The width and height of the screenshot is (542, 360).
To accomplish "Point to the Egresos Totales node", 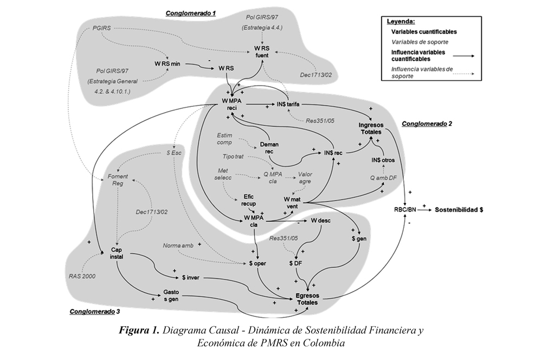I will pos(307,299).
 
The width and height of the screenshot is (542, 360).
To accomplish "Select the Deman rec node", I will pos(269,148).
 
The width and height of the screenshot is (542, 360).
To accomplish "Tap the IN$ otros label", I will pos(383,160).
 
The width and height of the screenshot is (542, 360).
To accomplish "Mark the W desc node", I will pos(320,221).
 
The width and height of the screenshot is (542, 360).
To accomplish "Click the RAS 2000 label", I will pos(82,276).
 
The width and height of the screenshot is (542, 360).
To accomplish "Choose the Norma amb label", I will pos(178,246).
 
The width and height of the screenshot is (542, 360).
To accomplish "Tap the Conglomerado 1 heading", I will pos(190,11).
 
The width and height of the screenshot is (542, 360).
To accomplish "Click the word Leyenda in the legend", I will pos(401,22).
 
